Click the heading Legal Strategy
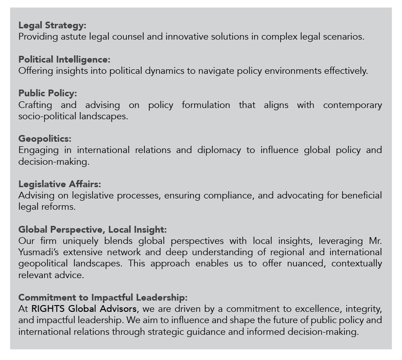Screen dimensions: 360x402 [52, 25]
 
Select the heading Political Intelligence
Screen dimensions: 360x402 [64, 59]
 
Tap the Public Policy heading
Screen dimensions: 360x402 [48, 93]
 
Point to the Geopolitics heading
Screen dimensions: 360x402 [45, 139]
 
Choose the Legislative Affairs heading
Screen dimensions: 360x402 [60, 184]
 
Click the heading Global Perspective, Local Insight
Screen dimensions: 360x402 [93, 229]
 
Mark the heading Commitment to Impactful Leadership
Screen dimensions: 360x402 [103, 297]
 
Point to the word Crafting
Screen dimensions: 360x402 [35, 105]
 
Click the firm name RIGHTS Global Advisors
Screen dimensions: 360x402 [85, 309]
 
